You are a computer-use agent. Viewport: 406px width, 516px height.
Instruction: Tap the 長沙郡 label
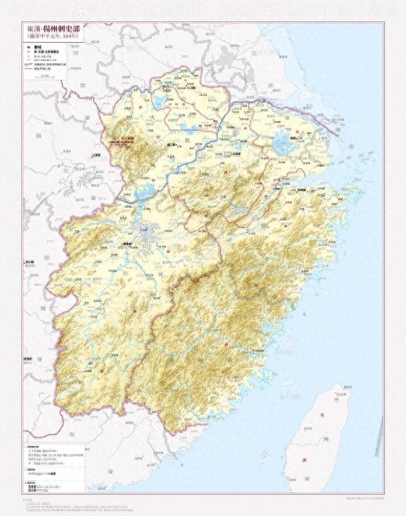click(x=29, y=262)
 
